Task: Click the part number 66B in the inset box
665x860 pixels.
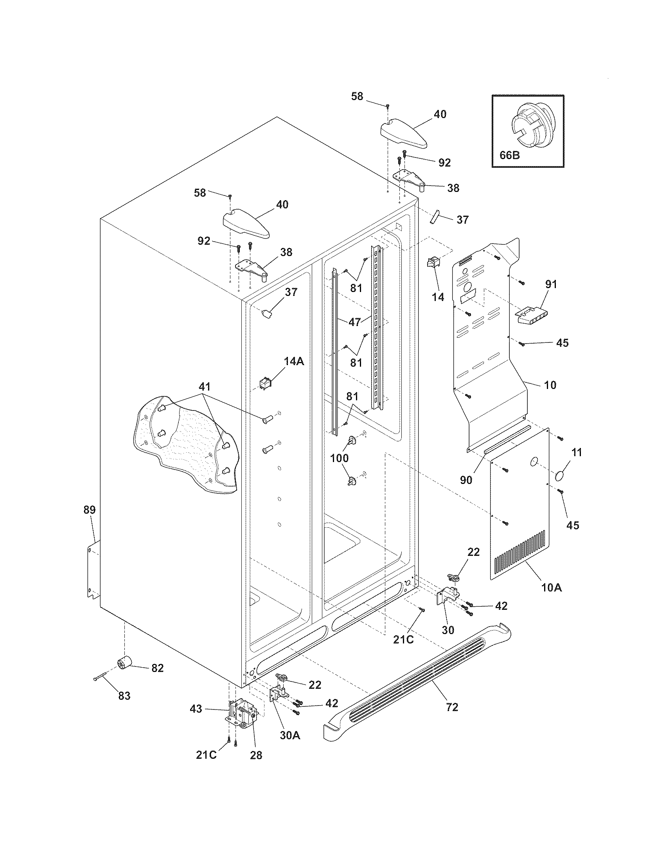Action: (x=509, y=155)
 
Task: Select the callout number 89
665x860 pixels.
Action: (x=90, y=510)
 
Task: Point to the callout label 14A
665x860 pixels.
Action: (x=294, y=361)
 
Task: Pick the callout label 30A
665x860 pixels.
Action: (x=290, y=735)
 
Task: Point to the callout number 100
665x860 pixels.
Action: (x=339, y=458)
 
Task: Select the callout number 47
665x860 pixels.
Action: (x=354, y=322)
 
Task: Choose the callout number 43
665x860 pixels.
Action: (x=196, y=709)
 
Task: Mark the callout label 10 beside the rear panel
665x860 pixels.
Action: (x=550, y=385)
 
